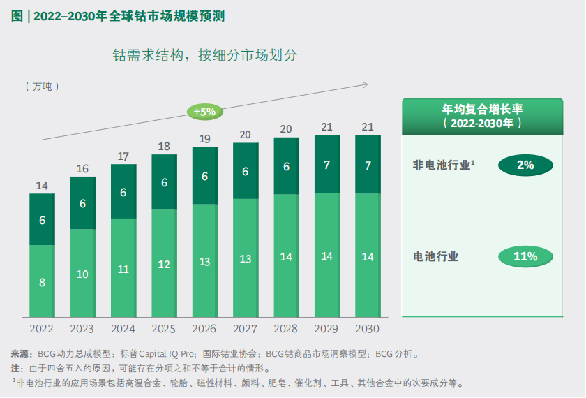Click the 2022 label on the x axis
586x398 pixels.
tap(42, 328)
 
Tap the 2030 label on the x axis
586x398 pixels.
tap(368, 328)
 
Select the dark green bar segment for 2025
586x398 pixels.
tap(164, 182)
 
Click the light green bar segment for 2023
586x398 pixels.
tap(82, 272)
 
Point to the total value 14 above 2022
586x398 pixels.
tap(42, 186)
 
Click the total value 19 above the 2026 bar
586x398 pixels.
tap(205, 139)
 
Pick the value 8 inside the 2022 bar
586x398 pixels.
tap(42, 283)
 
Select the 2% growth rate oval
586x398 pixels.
tap(525, 165)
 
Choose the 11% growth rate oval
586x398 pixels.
tap(525, 256)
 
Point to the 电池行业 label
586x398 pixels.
tap(436, 256)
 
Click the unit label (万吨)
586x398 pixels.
tap(42, 86)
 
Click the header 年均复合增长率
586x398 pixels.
tap(483, 110)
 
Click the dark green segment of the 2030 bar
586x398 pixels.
tap(368, 165)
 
